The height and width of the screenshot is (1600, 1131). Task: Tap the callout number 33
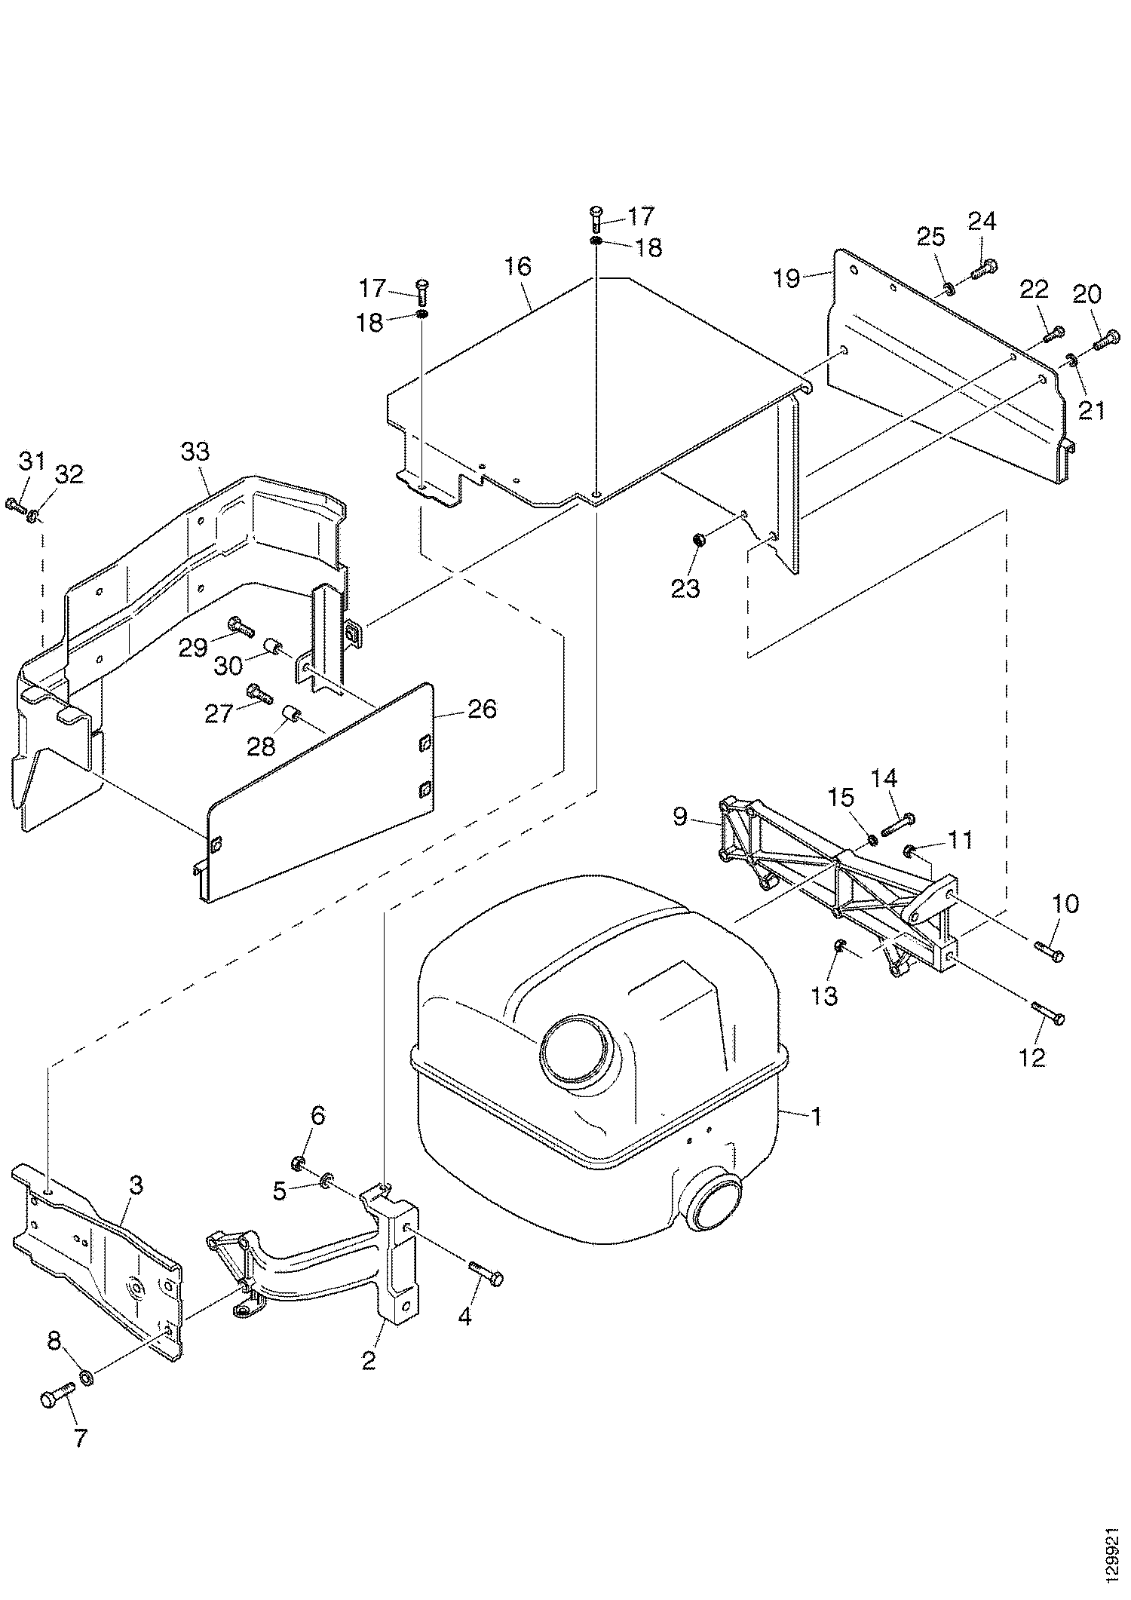click(195, 453)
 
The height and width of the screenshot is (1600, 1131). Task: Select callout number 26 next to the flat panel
click(483, 710)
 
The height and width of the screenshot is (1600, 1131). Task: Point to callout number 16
click(519, 266)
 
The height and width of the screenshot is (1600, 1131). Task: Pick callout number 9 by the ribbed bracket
click(680, 817)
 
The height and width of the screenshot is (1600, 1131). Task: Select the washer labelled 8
click(87, 1378)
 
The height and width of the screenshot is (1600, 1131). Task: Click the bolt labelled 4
click(486, 1274)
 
